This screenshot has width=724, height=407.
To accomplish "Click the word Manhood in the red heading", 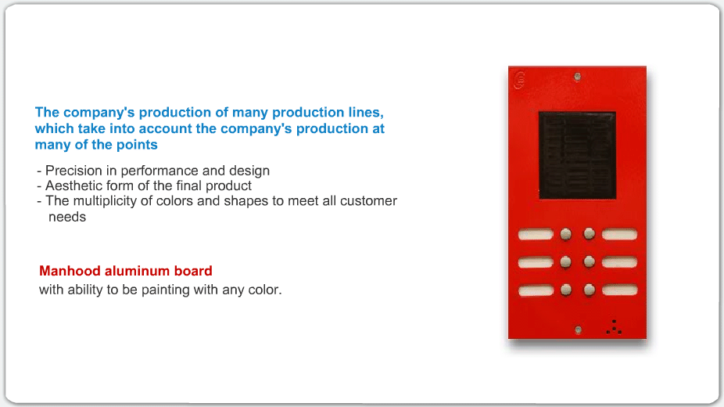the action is point(70,271).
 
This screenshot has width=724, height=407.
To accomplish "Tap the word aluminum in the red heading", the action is point(131,271).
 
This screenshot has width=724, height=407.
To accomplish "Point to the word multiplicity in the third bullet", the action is point(113,201).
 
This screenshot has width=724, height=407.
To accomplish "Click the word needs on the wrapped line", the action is point(67,217).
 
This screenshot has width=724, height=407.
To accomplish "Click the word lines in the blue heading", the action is point(366,113).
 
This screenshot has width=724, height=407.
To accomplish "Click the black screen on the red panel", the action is point(577,155).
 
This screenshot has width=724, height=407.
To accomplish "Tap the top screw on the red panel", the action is point(577,77).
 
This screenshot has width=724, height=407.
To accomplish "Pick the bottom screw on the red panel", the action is point(578,330).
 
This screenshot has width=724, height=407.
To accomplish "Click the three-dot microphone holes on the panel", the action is point(614,326).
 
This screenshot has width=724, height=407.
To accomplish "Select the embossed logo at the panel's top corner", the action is point(519,80).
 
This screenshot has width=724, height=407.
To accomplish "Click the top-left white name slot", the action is point(536,234).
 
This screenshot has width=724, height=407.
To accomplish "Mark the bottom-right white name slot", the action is point(620,290).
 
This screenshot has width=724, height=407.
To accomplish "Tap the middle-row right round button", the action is point(590,262).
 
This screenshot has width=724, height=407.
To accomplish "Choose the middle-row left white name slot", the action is point(536,262).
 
